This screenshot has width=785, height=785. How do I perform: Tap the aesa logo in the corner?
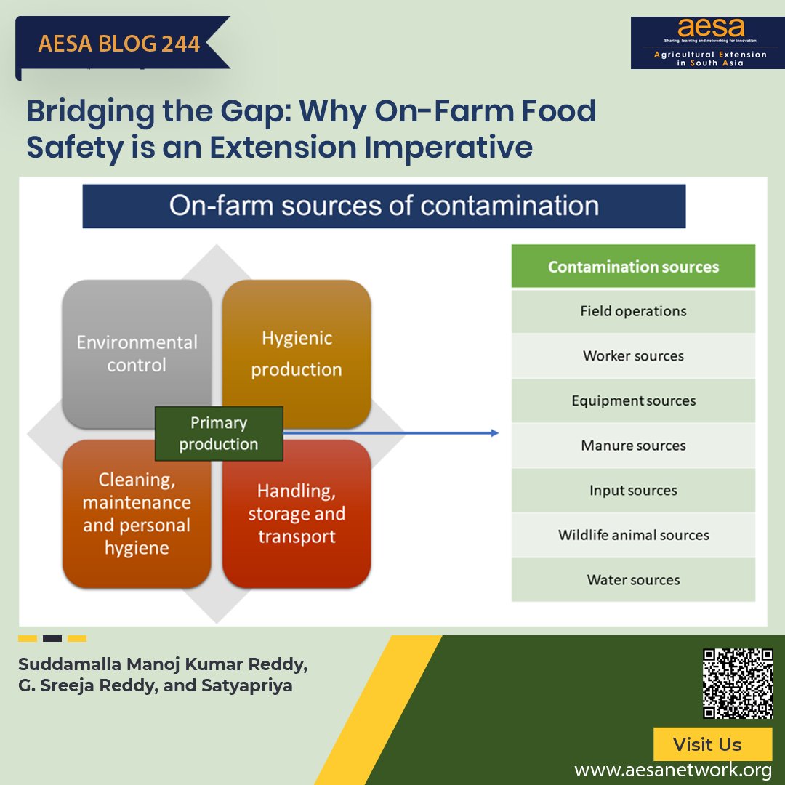point(707,43)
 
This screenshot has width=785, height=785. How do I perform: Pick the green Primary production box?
point(219,433)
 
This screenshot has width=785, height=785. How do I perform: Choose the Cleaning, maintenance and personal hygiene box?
point(137,514)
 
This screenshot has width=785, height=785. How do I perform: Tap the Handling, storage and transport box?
point(297,514)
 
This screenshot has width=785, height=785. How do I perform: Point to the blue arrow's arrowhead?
point(494,433)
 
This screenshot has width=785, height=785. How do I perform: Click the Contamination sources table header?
point(633,267)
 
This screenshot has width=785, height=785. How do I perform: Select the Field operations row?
point(633,311)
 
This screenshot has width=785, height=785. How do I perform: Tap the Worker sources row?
point(633,356)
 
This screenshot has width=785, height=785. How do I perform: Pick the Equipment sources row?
point(633,400)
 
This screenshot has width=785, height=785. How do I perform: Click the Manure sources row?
point(633,446)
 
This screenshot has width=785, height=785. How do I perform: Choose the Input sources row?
point(633,491)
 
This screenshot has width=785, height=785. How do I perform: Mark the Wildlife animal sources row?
point(633,535)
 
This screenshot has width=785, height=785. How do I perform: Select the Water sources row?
point(633,580)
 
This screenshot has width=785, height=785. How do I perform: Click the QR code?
point(738,683)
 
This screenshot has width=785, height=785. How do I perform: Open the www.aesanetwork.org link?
point(673,770)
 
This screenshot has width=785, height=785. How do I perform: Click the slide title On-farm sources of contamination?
point(384,206)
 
